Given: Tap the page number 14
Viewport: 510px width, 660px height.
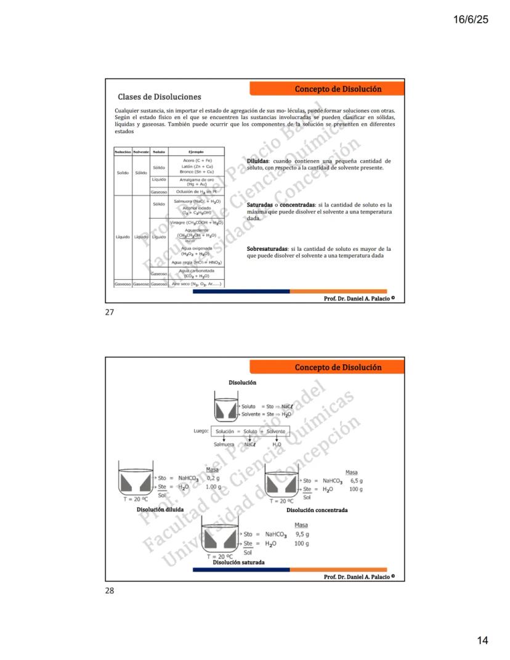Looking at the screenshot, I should pos(482,640).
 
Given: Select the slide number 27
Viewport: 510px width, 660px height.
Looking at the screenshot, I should pos(110,312).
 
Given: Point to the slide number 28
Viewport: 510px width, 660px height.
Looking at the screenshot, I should pos(110,590).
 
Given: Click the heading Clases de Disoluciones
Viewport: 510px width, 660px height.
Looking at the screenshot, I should pos(160,97).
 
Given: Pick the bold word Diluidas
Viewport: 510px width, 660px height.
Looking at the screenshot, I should pos(257,160).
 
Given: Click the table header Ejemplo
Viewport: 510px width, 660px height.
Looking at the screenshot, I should pos(196,151).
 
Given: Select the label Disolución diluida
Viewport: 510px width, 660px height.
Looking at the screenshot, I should pos(160,510).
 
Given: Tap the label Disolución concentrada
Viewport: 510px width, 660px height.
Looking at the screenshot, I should pos(317,510).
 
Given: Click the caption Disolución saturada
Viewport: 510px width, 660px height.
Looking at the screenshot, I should pos(238,563).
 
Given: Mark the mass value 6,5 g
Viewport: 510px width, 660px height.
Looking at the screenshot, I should pos(355,480).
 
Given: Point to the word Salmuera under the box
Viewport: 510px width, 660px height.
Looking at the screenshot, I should pos(225,444).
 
